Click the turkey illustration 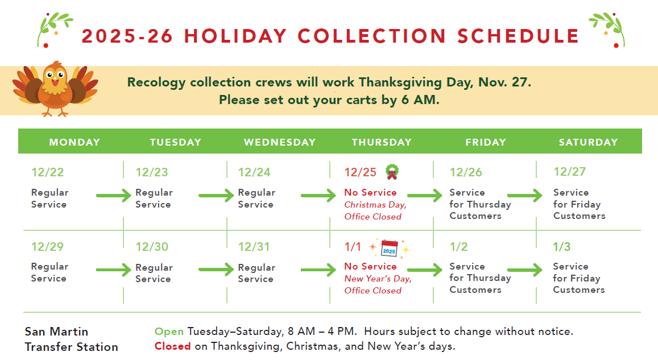point(55,89)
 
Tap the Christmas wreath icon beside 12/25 point(392,172)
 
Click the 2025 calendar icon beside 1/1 point(390,248)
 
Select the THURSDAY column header point(382,142)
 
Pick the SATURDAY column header point(588,142)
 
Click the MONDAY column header point(75,142)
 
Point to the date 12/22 point(47,172)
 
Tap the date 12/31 point(254,247)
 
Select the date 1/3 point(561,247)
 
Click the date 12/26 point(466,172)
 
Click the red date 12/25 point(360,172)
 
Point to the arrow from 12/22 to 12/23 point(114,196)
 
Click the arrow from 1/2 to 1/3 point(525,270)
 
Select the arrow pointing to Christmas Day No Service point(318,196)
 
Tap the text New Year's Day point(378,279)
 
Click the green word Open point(169,332)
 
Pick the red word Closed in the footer point(172,346)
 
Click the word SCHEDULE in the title point(518,36)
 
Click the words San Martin point(56,332)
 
